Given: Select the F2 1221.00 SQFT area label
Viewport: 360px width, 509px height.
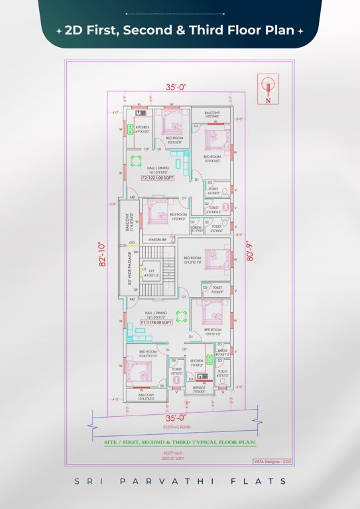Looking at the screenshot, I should (156, 178).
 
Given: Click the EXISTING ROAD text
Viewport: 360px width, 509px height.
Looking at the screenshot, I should (176, 427).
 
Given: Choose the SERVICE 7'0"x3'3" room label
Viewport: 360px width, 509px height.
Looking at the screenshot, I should (200, 389).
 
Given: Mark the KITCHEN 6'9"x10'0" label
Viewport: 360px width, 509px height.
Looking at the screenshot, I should (142, 129).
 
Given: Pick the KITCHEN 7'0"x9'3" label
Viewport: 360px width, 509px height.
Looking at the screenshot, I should (196, 363).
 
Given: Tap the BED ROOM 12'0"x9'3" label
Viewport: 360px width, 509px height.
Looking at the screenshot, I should (178, 216).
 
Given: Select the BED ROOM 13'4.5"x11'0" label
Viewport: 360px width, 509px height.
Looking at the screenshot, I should (192, 260).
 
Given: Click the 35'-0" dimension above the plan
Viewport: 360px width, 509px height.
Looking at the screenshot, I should (176, 86).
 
